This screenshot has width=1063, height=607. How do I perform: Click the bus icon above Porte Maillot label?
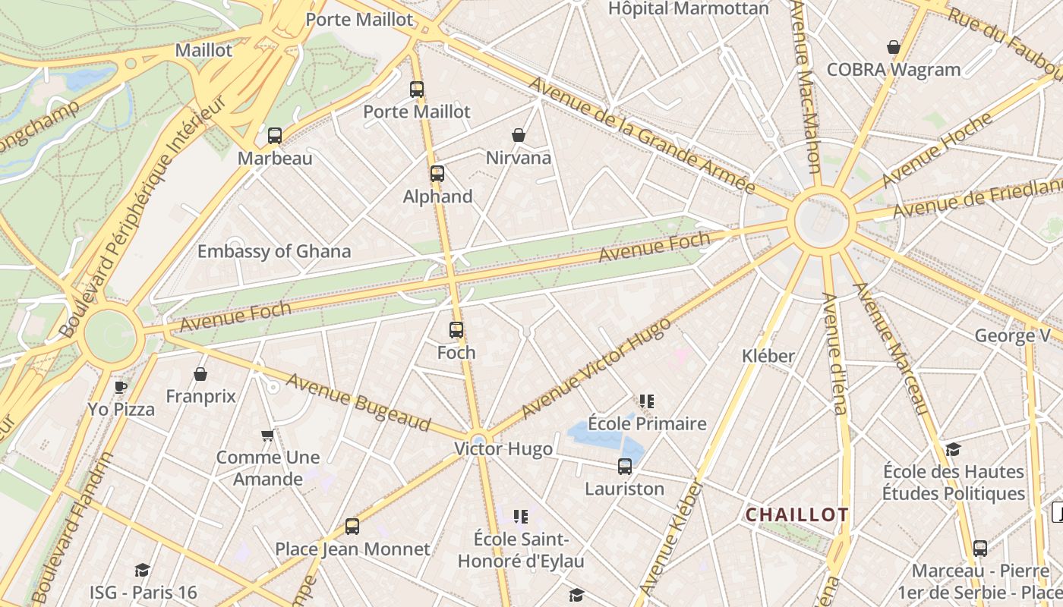tap(417, 89)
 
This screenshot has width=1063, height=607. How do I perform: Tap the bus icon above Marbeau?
tap(275, 136)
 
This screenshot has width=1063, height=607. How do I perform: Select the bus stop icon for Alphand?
tap(437, 173)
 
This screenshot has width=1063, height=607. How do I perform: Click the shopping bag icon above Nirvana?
tap(519, 135)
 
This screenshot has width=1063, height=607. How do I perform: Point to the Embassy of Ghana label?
tap(274, 251)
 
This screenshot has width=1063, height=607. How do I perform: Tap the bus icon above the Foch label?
tap(456, 329)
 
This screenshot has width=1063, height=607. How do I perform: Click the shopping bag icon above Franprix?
tap(200, 374)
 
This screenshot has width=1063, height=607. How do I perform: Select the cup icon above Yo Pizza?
tap(121, 387)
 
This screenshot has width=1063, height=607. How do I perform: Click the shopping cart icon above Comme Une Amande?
tap(267, 435)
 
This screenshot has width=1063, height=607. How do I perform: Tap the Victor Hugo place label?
tap(503, 448)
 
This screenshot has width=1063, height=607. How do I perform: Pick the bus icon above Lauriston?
tap(625, 466)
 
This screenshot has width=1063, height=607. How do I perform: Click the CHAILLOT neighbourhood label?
tap(796, 514)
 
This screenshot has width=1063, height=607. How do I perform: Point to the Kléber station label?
tap(768, 355)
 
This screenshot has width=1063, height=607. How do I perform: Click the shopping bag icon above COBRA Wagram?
tap(894, 47)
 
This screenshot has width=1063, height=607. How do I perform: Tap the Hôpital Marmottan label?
tap(689, 8)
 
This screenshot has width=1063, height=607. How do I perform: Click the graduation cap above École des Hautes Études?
tap(953, 449)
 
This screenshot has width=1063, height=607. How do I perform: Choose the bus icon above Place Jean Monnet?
tap(352, 526)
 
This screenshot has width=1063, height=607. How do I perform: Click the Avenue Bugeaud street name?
tap(358, 402)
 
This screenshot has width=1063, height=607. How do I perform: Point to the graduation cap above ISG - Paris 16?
tap(142, 570)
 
